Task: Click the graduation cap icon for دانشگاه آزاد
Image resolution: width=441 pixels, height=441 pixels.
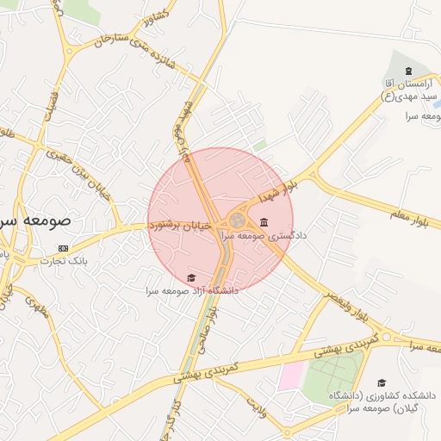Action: pyautogui.click(x=190, y=277)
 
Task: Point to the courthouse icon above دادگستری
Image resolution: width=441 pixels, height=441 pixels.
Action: pyautogui.click(x=263, y=222)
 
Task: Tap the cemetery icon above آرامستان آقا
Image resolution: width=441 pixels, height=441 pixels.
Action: pyautogui.click(x=407, y=71)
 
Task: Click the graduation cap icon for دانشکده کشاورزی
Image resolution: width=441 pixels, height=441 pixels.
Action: pyautogui.click(x=381, y=382)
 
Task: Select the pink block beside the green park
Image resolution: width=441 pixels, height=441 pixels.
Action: pyautogui.click(x=289, y=376)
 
